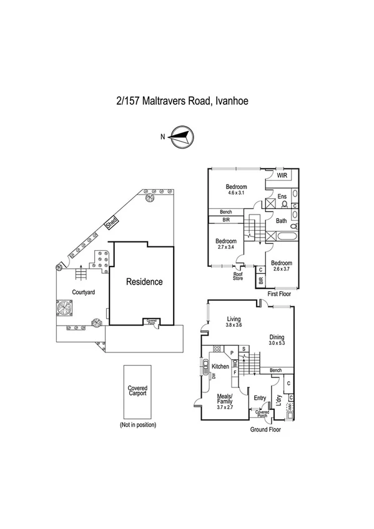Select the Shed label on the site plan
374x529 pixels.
111,221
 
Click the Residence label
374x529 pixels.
144,282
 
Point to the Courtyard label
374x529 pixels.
83,292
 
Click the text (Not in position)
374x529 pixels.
137,425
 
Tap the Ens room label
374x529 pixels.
282,197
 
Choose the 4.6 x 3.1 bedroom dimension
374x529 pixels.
237,193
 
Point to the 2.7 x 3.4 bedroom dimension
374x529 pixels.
226,248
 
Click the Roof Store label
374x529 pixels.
238,275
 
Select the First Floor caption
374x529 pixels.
279,293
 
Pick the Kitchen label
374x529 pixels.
220,366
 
